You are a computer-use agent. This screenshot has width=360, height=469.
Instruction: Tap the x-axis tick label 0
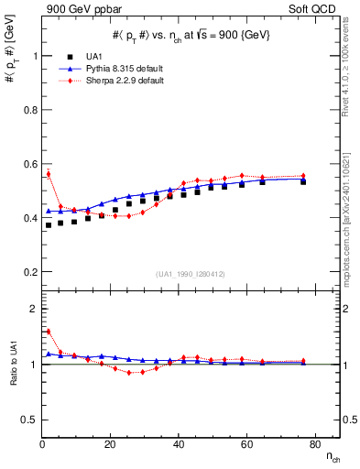point(42,445)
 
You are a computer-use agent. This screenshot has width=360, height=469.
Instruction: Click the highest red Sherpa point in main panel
point(49,173)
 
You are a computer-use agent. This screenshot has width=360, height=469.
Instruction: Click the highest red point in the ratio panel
point(49,332)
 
